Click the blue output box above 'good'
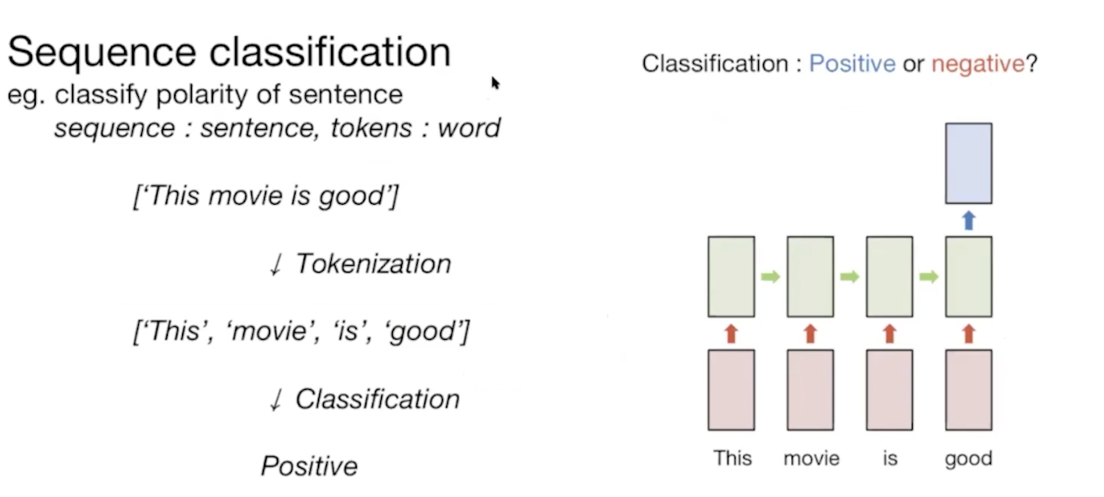click(968, 163)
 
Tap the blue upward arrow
click(968, 220)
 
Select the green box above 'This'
click(731, 276)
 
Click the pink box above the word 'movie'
click(810, 389)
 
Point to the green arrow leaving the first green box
click(771, 277)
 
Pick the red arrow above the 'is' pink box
click(889, 334)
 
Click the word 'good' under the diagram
click(968, 458)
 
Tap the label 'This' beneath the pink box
click(732, 458)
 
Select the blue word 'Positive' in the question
click(852, 63)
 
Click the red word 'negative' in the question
click(978, 63)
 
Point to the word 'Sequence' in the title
click(101, 52)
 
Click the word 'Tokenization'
click(372, 264)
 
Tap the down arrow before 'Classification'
click(274, 400)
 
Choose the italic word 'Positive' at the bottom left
click(309, 467)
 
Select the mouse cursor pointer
click(495, 83)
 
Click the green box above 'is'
click(889, 276)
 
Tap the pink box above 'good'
click(968, 389)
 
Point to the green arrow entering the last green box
click(928, 277)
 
